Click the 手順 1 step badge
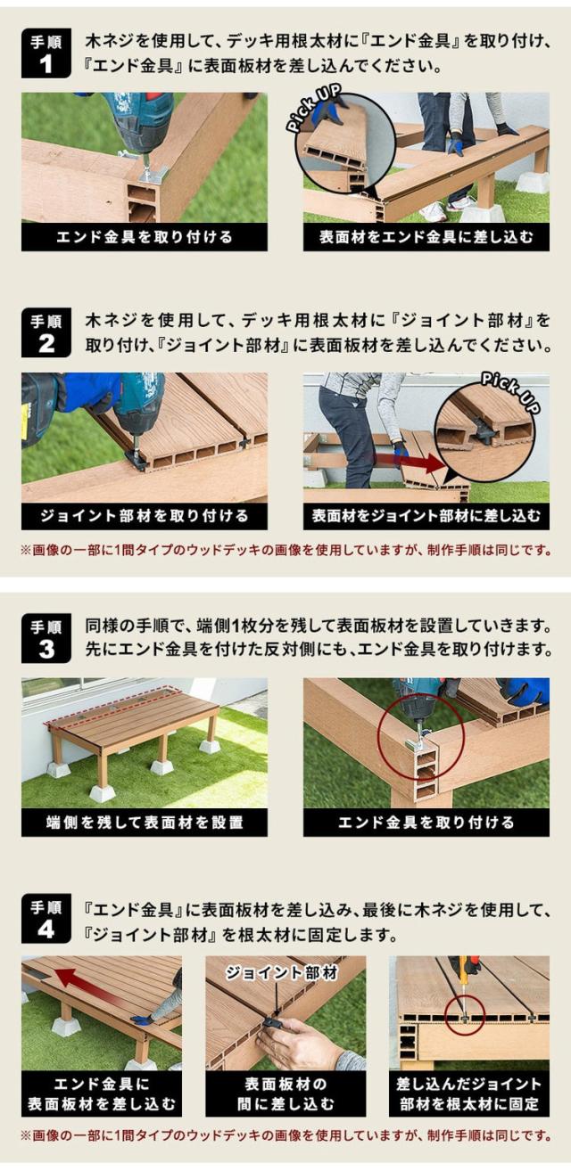[46, 53]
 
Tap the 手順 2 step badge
[46, 333]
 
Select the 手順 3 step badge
[46, 638]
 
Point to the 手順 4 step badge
[46, 919]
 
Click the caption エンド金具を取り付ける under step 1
[145, 237]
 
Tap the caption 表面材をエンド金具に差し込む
[426, 237]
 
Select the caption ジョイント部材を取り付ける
[145, 517]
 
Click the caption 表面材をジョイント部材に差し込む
[426, 517]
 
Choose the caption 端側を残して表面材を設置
[145, 823]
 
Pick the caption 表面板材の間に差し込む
[285, 1093]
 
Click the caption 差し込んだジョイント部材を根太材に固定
[469, 1093]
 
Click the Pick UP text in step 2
[509, 393]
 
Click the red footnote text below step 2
[285, 550]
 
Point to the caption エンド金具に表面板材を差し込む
[102, 1093]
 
